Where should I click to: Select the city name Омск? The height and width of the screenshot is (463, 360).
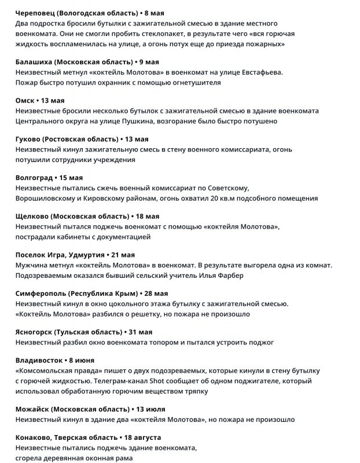pos(25,100)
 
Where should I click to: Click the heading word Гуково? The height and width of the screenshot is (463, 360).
pos(30,139)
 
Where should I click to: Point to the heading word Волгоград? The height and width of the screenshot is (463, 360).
pos(36,178)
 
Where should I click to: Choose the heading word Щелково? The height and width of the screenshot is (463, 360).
pos(32,216)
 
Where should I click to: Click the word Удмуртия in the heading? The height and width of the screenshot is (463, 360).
pos(86,255)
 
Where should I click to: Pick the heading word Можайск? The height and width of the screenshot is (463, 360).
pos(32,409)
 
